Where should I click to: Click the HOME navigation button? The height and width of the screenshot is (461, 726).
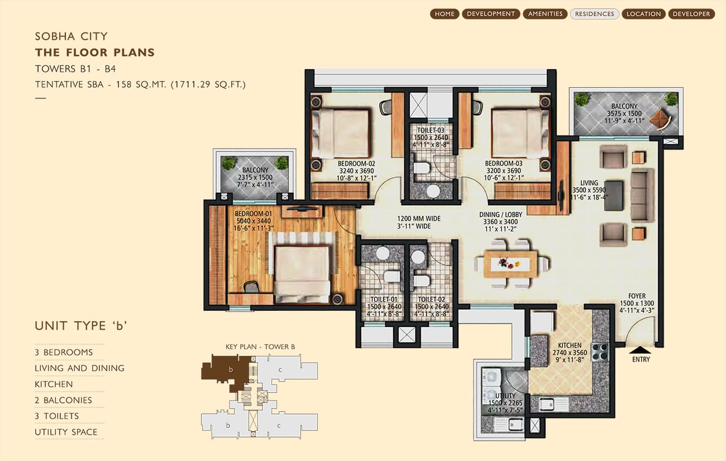click(x=445, y=14)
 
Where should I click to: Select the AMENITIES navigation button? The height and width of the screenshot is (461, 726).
click(x=545, y=14)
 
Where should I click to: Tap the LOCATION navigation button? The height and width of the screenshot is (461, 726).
click(x=643, y=14)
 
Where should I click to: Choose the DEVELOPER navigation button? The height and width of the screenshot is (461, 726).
click(x=691, y=14)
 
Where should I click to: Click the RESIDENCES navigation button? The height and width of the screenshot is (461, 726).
click(x=594, y=14)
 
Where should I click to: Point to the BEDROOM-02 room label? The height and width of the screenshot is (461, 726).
click(x=356, y=164)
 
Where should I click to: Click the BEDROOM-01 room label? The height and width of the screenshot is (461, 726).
click(x=254, y=214)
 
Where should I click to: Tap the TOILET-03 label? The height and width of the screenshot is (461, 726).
click(x=431, y=130)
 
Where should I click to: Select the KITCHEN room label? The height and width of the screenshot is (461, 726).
click(x=570, y=345)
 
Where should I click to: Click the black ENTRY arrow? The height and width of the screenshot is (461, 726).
click(x=640, y=350)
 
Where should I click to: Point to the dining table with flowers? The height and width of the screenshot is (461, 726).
click(x=510, y=264)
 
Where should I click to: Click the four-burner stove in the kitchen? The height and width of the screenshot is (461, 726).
click(x=600, y=352)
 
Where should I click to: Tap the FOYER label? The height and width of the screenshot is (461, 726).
click(x=637, y=296)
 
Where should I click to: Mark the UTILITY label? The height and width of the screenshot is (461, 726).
click(x=505, y=396)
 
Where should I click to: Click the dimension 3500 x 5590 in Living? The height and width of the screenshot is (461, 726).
click(x=589, y=191)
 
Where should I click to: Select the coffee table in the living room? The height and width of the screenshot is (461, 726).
click(x=614, y=196)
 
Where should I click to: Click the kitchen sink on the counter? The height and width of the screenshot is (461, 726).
click(x=547, y=404)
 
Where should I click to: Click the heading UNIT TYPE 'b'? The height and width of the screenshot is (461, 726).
click(x=81, y=325)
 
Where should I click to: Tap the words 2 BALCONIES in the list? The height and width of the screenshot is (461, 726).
click(x=63, y=401)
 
